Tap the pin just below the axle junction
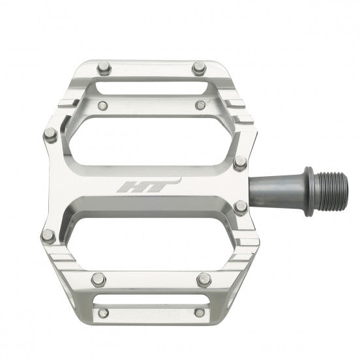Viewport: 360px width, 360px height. [x=240, y=208]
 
